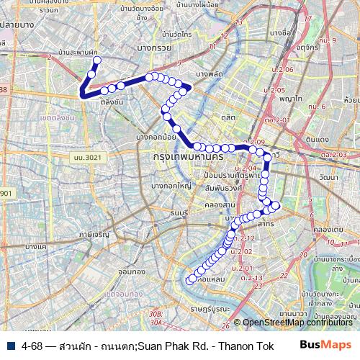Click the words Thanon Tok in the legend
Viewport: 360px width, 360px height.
click(246, 345)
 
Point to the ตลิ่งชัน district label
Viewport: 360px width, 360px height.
click(110, 102)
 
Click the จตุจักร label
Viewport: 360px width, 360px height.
click(286, 51)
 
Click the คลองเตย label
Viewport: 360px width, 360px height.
click(325, 230)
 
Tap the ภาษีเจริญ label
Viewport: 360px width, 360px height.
click(94, 234)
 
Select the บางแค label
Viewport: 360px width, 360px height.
click(35, 246)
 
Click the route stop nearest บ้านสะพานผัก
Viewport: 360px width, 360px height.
click(96, 60)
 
